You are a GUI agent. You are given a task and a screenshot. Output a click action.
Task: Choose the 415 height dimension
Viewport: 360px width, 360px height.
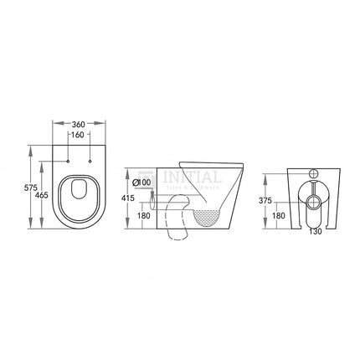point(126,198)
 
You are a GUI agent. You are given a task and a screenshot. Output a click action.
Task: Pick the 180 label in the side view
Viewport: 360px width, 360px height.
point(145,214)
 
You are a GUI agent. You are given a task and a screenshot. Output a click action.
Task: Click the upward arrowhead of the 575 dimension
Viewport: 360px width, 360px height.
point(32,150)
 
